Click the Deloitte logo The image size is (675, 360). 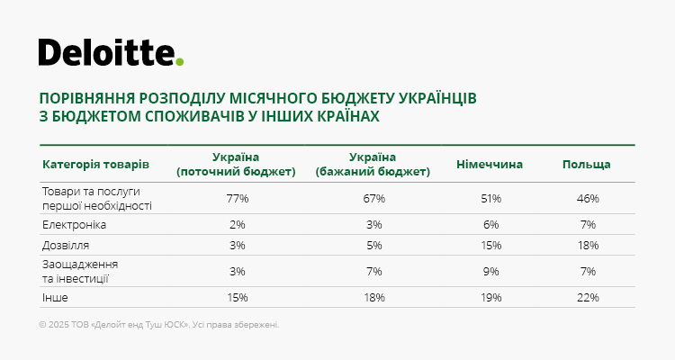[x=111, y=52]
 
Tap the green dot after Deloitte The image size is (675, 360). [x=179, y=61]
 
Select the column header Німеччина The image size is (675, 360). [x=490, y=165]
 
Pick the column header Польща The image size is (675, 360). [x=586, y=165]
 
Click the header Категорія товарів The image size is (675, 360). [x=95, y=165]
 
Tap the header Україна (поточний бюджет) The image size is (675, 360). [x=236, y=165]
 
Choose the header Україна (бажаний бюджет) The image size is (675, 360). [x=373, y=165]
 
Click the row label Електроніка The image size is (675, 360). [x=74, y=225]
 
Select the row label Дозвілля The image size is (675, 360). [x=66, y=246]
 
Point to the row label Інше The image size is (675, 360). [x=55, y=298]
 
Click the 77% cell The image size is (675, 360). [x=238, y=199]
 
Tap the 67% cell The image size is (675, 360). [x=374, y=199]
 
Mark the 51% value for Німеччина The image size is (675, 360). [x=491, y=199]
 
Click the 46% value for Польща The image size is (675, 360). [x=588, y=199]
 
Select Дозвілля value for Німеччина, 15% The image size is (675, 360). [x=491, y=246]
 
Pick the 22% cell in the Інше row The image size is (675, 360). [x=588, y=298]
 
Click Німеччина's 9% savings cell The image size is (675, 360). [x=491, y=272]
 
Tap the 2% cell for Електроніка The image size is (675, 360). [x=238, y=225]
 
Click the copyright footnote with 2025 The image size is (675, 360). [x=158, y=325]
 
